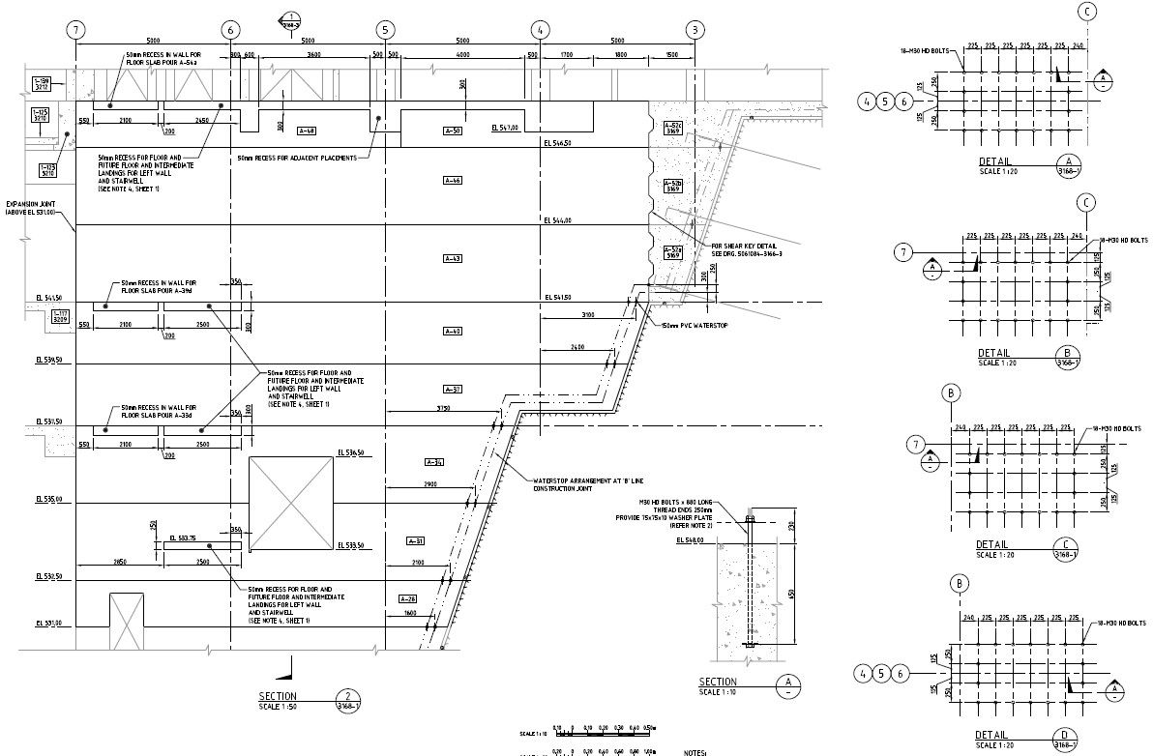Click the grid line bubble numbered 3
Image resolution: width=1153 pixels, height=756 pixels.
click(695, 30)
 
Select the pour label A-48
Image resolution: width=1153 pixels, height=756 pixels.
click(307, 131)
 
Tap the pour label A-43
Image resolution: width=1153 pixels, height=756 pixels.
click(453, 258)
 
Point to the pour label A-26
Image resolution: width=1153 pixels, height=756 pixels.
click(407, 598)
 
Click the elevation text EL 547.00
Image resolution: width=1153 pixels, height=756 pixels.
click(505, 127)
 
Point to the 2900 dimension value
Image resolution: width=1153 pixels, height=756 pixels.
click(431, 482)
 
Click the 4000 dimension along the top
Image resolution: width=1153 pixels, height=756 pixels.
click(463, 56)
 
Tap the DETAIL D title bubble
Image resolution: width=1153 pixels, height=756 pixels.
click(1065, 739)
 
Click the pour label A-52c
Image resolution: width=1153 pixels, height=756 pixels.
click(673, 129)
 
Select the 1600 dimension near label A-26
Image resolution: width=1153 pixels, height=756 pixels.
click(411, 614)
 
